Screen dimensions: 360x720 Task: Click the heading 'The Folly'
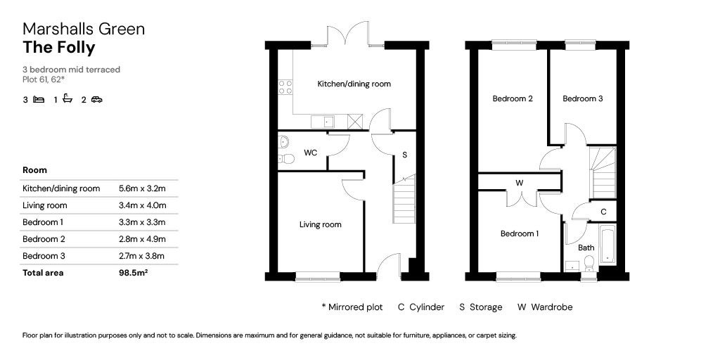click(x=58, y=48)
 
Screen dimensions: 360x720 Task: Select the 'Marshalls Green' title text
click(x=84, y=29)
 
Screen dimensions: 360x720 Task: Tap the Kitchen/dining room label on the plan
click(x=354, y=84)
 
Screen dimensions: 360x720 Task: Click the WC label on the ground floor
click(x=310, y=153)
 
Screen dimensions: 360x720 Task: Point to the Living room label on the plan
click(x=320, y=225)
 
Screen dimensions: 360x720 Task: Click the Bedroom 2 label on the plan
click(x=512, y=99)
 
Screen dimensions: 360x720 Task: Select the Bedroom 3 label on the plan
click(x=582, y=99)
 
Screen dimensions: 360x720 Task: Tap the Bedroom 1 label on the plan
click(x=520, y=233)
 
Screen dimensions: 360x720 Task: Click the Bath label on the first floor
click(x=586, y=247)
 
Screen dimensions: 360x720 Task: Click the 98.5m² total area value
click(x=132, y=273)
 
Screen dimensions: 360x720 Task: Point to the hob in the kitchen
click(x=285, y=86)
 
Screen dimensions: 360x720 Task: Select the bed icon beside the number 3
click(x=39, y=100)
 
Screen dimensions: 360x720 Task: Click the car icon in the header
click(x=96, y=100)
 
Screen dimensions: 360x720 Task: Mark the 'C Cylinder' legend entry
click(x=420, y=307)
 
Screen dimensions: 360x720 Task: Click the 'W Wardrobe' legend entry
click(x=545, y=307)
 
